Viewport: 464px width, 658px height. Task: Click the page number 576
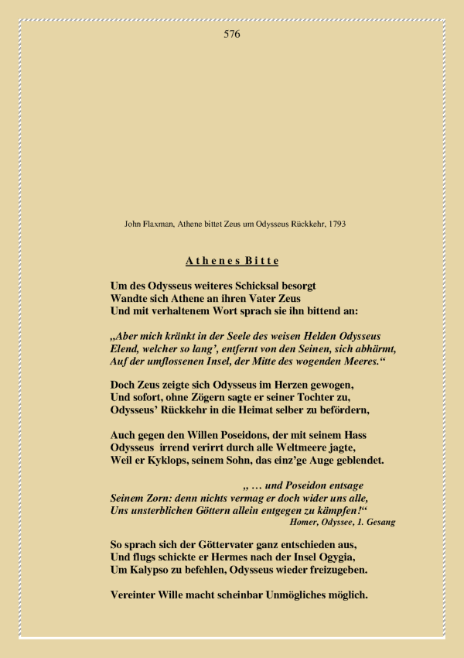(232, 34)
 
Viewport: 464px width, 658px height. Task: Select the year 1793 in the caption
(336, 224)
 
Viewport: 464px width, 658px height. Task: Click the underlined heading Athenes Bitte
(232, 261)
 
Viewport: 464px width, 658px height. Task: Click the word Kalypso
(150, 569)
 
